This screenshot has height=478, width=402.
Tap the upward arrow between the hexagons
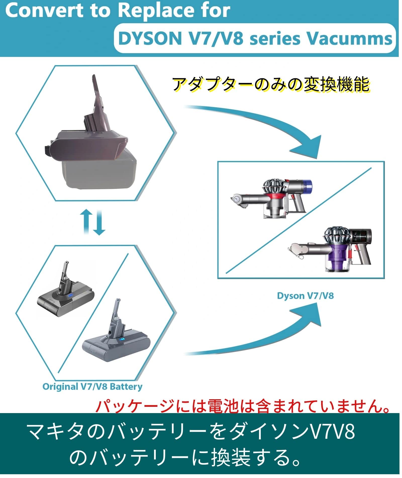coord(86,221)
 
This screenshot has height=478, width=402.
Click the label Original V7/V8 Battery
coord(92,387)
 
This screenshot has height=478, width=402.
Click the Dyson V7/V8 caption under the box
coord(305,296)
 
